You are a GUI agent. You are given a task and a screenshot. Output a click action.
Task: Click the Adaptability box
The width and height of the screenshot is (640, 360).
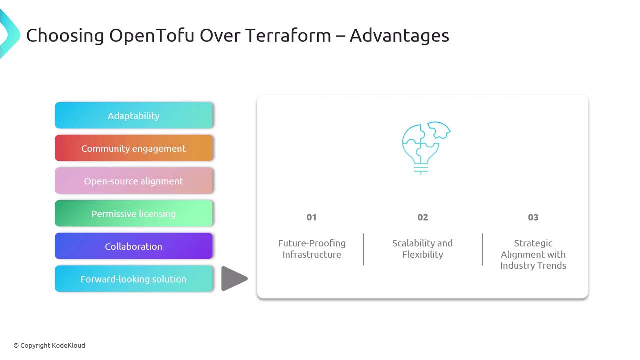[133, 115]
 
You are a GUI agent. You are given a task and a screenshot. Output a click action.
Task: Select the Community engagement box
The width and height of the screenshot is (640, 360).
[133, 148]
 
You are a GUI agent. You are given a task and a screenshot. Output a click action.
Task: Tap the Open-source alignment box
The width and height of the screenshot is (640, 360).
[133, 181]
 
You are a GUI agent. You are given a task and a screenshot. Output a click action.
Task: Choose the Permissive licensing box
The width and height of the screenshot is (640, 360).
[133, 213]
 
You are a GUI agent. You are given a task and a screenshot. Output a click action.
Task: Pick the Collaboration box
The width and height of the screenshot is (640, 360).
[133, 246]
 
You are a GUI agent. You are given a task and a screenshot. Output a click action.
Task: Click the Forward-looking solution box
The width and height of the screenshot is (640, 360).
[133, 279]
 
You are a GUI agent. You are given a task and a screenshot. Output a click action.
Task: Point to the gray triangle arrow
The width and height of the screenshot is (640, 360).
[233, 279]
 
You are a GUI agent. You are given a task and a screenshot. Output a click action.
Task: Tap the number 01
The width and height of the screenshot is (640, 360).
[311, 217]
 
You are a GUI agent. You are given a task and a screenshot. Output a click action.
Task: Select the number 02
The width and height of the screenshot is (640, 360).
[423, 217]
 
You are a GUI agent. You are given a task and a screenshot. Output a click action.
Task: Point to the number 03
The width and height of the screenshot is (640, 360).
[533, 217]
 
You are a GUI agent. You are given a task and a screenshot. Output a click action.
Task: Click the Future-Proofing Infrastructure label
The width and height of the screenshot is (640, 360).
[312, 249]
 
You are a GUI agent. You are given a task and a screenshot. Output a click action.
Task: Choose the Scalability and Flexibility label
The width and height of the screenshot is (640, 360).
[422, 249]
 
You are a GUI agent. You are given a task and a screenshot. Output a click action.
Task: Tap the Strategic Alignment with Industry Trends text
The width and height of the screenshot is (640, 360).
[533, 254]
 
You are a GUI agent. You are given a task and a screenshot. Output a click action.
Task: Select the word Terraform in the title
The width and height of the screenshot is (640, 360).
[288, 35]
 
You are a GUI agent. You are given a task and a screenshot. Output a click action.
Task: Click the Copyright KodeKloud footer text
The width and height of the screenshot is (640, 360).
[49, 345]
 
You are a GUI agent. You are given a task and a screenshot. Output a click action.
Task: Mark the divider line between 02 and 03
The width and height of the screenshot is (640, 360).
[482, 249]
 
